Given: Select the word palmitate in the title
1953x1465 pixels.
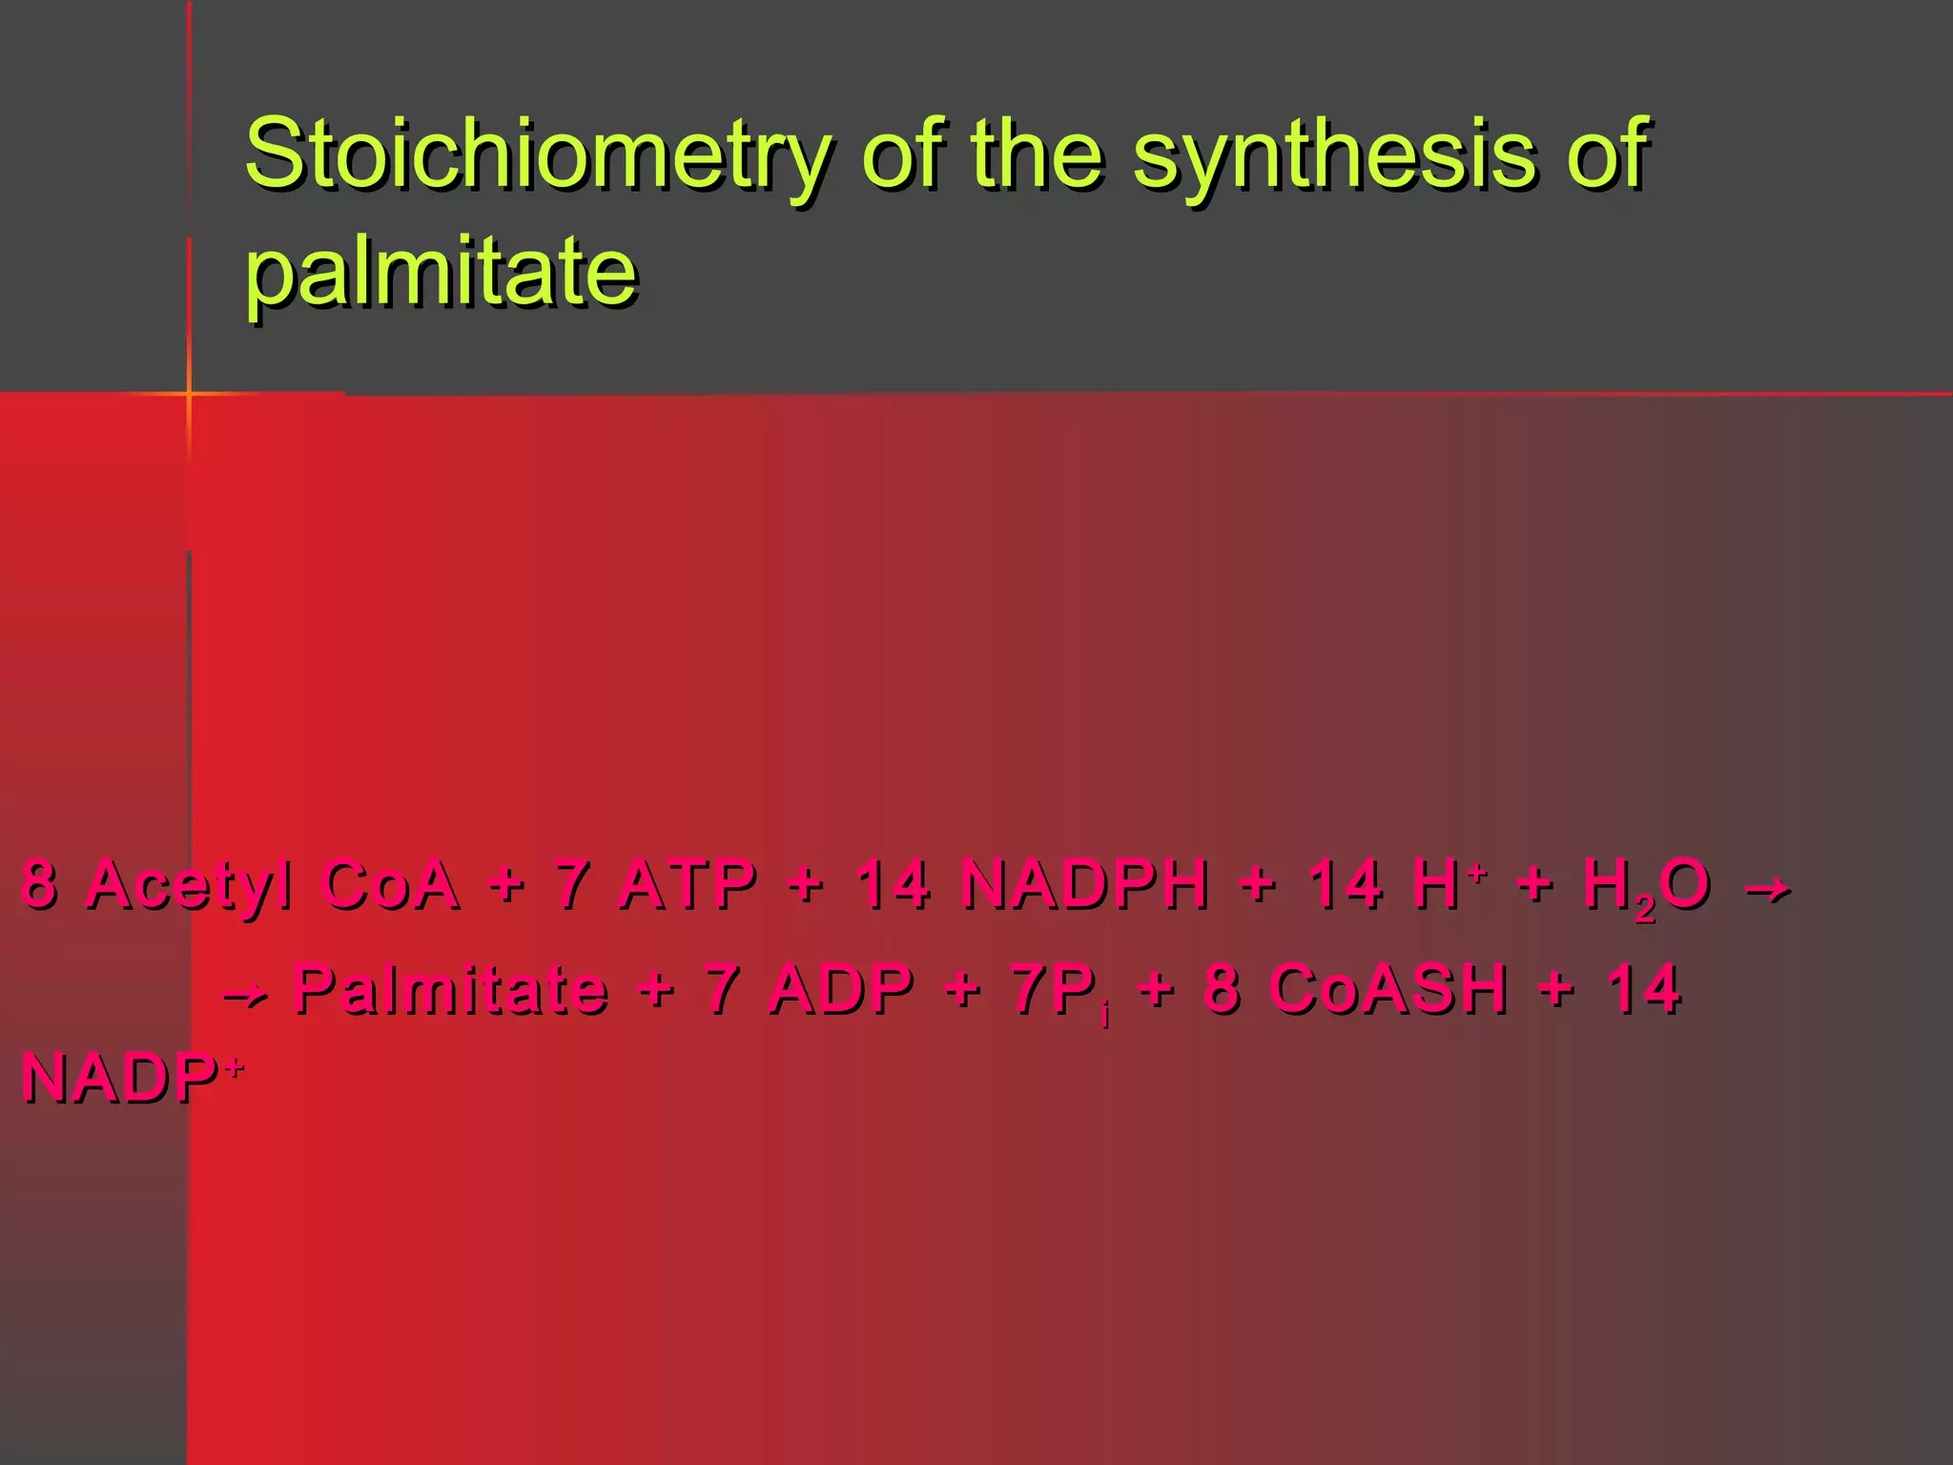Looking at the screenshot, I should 441,272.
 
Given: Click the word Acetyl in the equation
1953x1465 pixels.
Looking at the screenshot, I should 190,885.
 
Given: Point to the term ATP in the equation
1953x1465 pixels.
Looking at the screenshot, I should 688,885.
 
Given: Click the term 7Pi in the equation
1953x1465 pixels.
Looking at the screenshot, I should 1059,992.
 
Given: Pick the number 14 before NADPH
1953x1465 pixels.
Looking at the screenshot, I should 893,885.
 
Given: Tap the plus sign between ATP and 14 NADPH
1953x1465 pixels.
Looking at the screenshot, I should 807,885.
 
